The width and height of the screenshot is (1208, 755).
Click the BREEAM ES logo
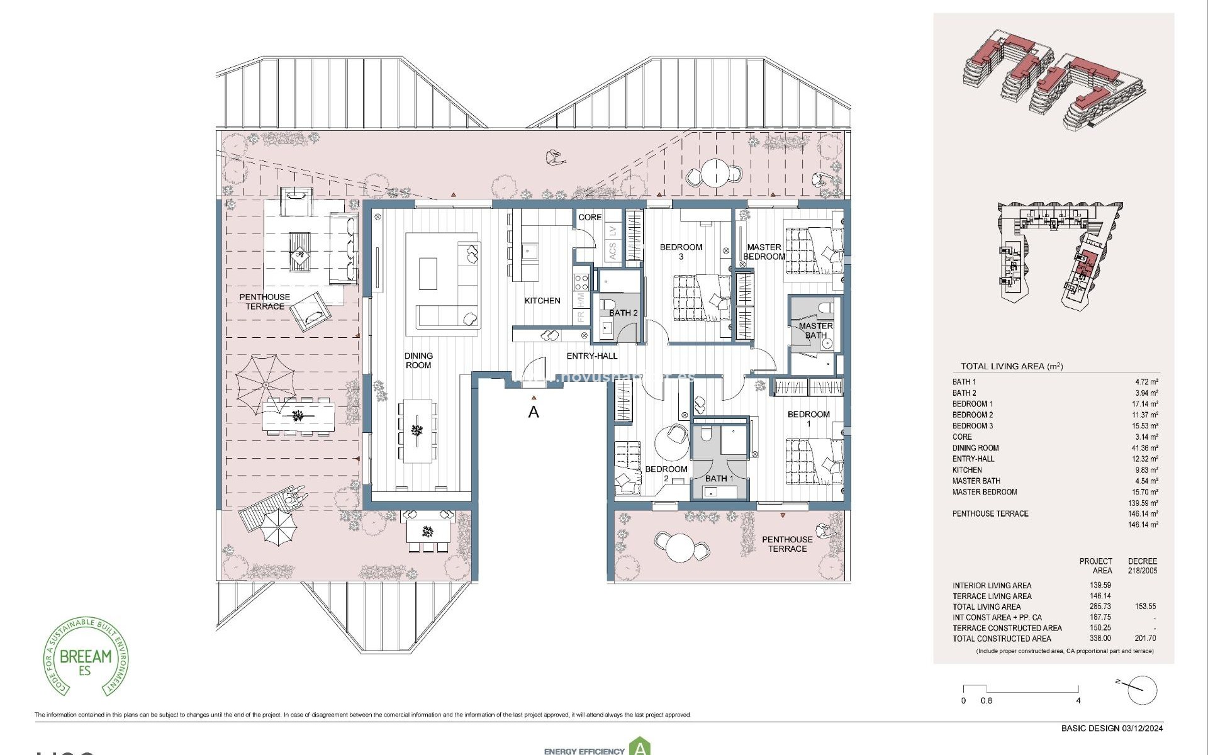coord(86,656)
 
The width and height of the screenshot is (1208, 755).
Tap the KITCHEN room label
coord(542,301)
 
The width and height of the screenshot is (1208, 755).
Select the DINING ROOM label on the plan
coord(418,361)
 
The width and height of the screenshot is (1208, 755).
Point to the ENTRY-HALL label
coord(592,356)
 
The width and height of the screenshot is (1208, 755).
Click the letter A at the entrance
coord(534,412)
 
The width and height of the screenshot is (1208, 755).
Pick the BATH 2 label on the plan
coord(623,313)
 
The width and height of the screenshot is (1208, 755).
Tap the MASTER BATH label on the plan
coord(815,330)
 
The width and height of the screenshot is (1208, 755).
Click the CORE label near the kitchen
coord(590,217)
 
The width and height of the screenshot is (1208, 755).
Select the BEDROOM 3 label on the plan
coord(681,252)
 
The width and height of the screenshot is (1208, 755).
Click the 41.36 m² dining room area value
coord(1145,448)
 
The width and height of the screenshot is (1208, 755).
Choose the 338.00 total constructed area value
coord(1100,638)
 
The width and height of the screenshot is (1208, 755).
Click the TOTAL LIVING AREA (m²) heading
coord(1011,366)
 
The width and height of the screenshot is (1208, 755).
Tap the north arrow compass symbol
coord(1141,690)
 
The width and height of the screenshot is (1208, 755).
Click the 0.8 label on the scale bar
coord(987,700)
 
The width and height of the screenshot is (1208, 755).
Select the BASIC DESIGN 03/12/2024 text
coord(1112,729)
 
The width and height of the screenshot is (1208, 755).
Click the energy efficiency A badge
coord(640,747)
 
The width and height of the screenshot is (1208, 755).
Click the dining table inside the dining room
coord(418,431)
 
